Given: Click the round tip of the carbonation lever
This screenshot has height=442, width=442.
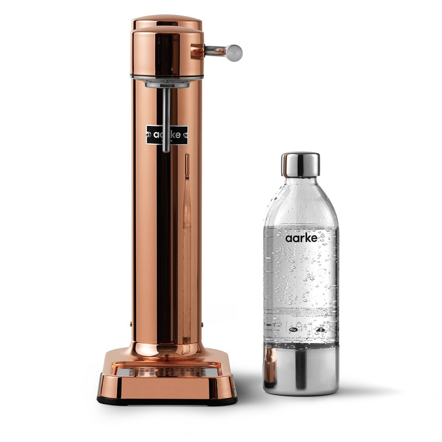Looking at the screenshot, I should [x=235, y=53].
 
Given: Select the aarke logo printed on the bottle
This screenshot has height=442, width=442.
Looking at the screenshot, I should [x=301, y=238].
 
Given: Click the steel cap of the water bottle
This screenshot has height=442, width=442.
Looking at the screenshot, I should [x=301, y=164].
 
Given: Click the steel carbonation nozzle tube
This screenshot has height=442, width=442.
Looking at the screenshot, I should [x=165, y=119].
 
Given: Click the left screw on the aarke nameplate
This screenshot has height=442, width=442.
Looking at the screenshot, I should [x=150, y=134].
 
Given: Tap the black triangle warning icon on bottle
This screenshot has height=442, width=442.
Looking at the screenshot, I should [x=321, y=329].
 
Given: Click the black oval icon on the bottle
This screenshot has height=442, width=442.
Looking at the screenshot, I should [x=292, y=330].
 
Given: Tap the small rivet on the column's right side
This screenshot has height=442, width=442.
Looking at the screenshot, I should [x=202, y=324].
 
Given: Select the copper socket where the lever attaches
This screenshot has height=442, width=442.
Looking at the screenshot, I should [x=197, y=52].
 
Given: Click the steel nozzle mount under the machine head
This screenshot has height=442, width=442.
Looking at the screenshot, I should [x=167, y=84].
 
